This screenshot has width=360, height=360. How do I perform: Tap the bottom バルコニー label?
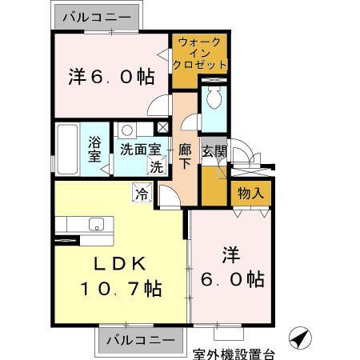(138, 339)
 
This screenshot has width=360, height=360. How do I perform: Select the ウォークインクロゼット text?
(199, 52)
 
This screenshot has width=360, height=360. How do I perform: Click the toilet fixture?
(214, 100)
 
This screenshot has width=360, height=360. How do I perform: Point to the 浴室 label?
(94, 150)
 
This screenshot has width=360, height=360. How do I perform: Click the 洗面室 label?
(141, 149)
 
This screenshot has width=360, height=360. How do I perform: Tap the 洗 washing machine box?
(158, 166)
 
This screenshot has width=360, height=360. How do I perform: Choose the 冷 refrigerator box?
(142, 193)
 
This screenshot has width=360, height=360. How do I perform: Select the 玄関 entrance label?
(213, 150)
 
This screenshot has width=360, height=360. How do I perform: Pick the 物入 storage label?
(250, 194)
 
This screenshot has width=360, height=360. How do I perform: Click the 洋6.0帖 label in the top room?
(110, 78)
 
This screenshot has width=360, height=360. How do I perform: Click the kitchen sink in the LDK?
(98, 225)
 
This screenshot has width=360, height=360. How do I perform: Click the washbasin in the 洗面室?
(126, 130)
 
